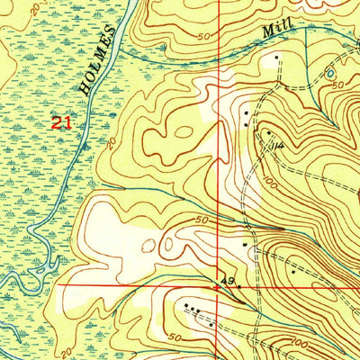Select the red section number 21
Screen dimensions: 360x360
coord(60,124)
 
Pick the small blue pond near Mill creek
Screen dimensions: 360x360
coord(329,72)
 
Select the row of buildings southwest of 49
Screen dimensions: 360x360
coord(191,307)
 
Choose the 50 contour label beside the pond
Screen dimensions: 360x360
coord(338,84)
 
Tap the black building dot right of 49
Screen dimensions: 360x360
coord(238,286)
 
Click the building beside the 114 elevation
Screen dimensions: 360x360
coord(267,134)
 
